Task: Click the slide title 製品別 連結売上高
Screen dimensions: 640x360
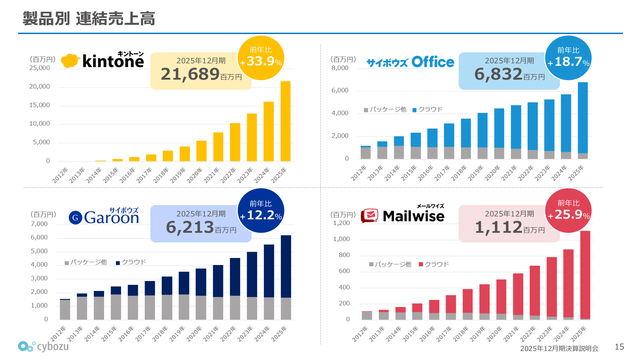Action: [89, 18]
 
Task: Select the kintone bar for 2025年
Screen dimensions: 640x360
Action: [285, 121]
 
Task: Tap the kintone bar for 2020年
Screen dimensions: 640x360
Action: [201, 151]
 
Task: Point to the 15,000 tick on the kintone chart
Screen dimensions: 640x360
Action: [40, 105]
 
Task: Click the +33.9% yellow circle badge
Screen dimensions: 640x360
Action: [261, 58]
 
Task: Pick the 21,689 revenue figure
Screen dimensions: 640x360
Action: [190, 74]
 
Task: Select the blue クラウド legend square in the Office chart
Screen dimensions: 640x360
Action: [415, 110]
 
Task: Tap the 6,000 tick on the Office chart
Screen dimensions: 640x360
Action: [340, 90]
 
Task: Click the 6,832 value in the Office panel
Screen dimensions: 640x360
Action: [498, 74]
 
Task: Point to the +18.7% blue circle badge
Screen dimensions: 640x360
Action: [568, 58]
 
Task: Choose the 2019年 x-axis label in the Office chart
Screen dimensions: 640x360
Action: [476, 173]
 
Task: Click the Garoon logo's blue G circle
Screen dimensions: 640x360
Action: [75, 218]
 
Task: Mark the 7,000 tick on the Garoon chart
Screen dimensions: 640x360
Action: [39, 224]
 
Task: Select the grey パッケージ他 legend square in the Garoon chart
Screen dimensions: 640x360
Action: [67, 263]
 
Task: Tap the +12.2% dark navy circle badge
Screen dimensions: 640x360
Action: [261, 211]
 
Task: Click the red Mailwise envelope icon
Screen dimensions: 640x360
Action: [370, 215]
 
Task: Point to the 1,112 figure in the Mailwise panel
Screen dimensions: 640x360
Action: [498, 227]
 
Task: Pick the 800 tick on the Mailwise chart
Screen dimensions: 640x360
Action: [345, 255]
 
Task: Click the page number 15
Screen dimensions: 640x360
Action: [619, 347]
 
